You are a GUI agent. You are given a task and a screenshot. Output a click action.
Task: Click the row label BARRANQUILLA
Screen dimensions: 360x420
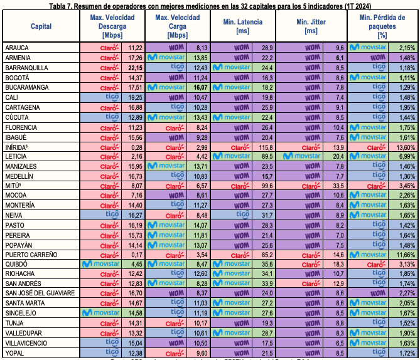(x=25, y=67)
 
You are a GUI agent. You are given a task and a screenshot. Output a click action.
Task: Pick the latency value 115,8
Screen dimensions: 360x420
(x=264, y=146)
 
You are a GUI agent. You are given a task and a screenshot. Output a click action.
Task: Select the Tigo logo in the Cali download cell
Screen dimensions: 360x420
(x=110, y=97)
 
